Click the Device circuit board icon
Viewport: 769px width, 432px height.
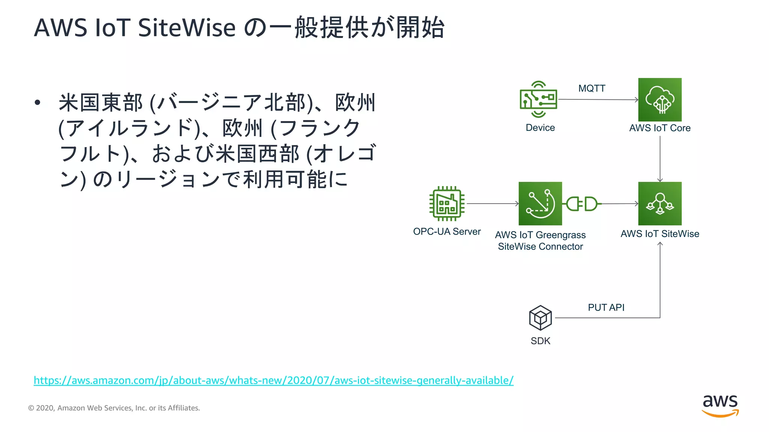538,99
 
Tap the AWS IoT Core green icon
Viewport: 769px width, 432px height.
660,99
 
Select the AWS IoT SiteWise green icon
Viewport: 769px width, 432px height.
660,204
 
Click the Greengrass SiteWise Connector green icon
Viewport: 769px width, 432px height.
540,204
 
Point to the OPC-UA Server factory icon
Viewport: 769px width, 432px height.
447,204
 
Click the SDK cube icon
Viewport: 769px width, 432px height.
540,318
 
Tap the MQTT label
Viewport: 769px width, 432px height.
592,88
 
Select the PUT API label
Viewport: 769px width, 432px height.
606,307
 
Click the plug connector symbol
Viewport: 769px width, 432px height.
582,204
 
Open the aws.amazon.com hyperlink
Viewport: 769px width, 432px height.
273,380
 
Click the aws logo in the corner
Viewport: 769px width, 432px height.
720,406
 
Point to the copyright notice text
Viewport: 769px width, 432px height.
114,408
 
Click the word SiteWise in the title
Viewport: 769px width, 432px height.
187,28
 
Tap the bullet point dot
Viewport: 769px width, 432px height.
37,102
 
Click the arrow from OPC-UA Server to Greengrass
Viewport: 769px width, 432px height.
492,204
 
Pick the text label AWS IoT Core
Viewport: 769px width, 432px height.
660,128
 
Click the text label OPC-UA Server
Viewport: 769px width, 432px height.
447,231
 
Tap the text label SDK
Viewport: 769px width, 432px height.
540,341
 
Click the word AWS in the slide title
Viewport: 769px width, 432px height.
60,28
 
